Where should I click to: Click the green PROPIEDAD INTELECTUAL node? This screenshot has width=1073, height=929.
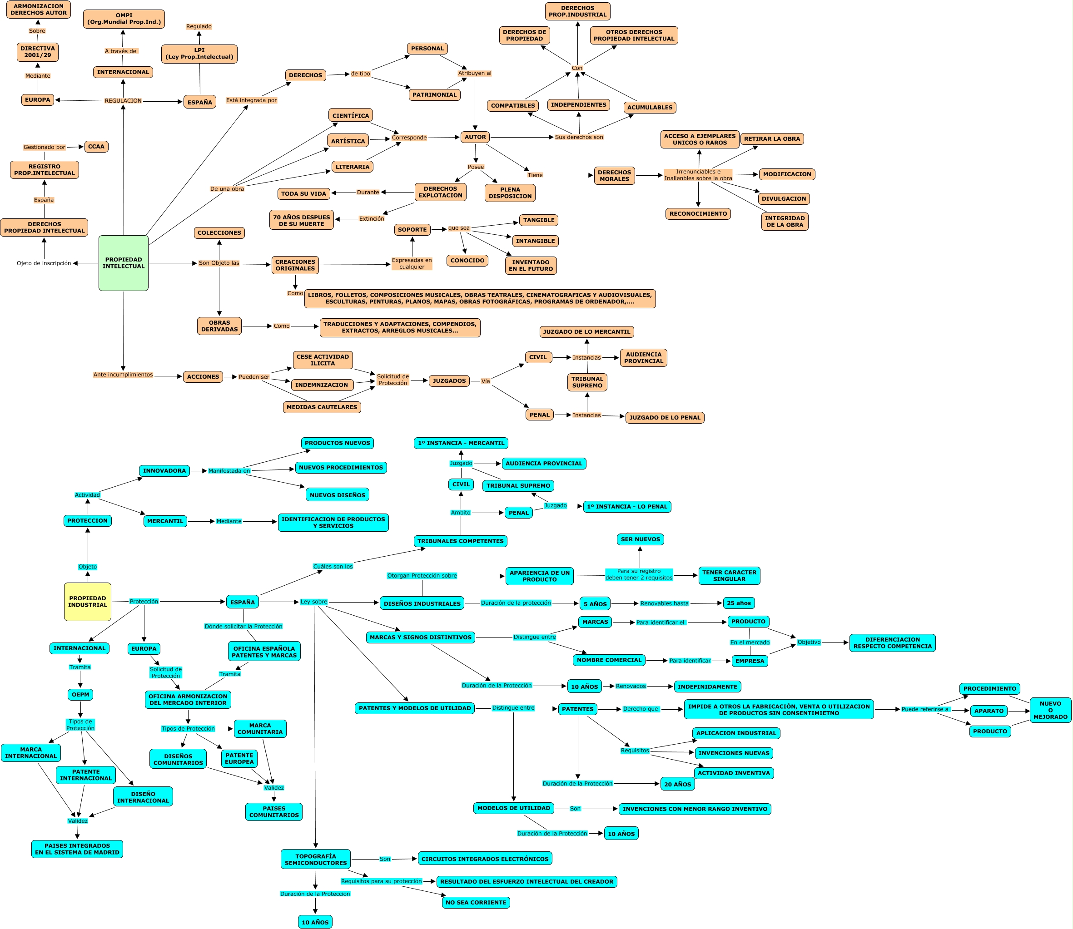click(124, 263)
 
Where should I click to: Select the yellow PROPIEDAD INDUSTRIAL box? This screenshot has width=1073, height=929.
click(88, 601)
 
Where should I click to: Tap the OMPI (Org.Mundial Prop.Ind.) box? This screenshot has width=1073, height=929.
click(124, 19)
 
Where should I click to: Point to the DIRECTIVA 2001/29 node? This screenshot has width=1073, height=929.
click(37, 52)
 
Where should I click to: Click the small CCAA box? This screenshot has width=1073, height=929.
click(96, 147)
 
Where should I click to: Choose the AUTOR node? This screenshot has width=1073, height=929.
click(475, 138)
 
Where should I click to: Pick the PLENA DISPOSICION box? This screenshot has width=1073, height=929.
click(510, 193)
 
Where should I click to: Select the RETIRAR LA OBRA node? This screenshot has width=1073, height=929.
click(772, 139)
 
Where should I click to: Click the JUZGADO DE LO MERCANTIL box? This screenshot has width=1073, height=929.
click(586, 332)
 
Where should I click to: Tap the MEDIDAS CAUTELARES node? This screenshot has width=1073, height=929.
click(322, 407)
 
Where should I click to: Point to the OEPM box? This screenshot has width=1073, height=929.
click(80, 695)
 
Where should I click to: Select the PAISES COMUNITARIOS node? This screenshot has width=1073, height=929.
click(274, 812)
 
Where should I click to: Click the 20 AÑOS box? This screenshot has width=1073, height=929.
click(677, 784)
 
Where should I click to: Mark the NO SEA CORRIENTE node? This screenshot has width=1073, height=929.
click(476, 903)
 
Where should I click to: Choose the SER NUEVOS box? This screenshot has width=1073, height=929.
click(641, 539)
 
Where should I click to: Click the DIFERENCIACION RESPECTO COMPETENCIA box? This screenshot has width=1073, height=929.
click(892, 643)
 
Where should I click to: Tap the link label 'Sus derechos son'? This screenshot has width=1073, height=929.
click(579, 138)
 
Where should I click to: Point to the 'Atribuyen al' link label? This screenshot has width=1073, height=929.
click(475, 73)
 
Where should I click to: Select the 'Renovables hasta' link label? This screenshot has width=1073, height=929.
click(664, 603)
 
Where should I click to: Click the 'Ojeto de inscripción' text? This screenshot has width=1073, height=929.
click(44, 263)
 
